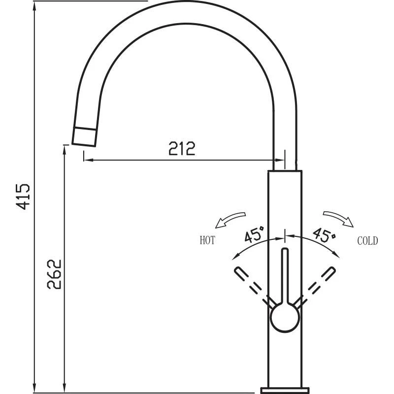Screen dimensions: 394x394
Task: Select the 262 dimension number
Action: (55, 274)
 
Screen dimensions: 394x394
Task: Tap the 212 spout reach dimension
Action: (182, 148)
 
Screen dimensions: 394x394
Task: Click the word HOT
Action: (207, 241)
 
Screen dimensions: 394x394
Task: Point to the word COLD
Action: (367, 241)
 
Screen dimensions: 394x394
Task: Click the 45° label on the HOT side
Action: (255, 234)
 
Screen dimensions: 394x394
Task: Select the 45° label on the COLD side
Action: (324, 234)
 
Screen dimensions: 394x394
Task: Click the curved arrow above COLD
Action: (338, 219)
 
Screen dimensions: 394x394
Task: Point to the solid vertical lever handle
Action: (284, 276)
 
